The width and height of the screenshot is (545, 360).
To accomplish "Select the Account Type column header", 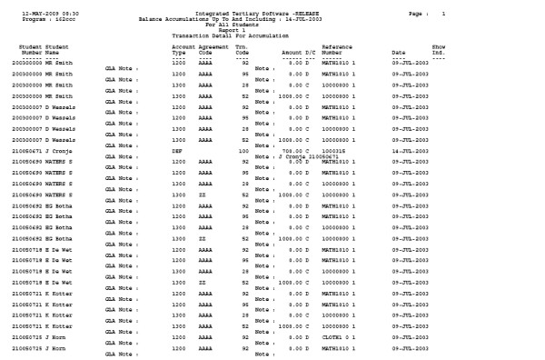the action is pos(184,49).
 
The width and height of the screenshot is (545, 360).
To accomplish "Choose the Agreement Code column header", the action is pos(214,49).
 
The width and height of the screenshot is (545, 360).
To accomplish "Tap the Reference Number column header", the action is pos(339,49).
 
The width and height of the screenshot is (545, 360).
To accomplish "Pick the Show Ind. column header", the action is pos(439,49).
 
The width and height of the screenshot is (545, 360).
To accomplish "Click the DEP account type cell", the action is pos(178,150).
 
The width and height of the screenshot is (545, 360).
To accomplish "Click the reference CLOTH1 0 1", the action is pos(338,336).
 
